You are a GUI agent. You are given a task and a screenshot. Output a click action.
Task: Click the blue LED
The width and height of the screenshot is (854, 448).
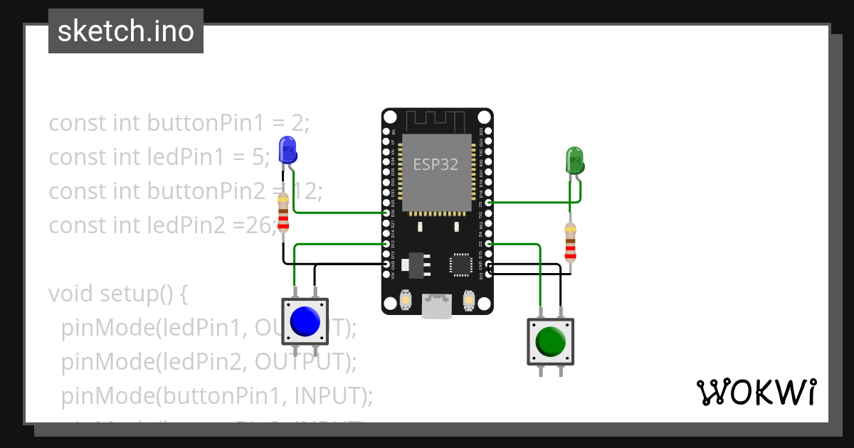pyautogui.click(x=288, y=150)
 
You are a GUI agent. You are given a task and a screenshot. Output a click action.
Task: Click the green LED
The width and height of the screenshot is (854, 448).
pyautogui.click(x=574, y=161)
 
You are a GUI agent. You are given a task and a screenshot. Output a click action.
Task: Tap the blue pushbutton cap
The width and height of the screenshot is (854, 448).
pyautogui.click(x=305, y=321)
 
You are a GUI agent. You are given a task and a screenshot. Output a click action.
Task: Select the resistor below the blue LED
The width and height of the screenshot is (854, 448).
pyautogui.click(x=283, y=213)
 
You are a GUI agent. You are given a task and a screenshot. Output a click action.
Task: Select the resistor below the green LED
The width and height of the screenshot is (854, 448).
pyautogui.click(x=570, y=242)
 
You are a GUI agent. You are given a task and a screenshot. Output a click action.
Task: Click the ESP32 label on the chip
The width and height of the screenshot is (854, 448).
pyautogui.click(x=436, y=164)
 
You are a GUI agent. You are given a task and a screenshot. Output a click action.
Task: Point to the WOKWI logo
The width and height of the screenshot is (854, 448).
pyautogui.click(x=756, y=392)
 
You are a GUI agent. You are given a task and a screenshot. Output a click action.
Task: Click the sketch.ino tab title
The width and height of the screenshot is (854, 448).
pyautogui.click(x=126, y=31)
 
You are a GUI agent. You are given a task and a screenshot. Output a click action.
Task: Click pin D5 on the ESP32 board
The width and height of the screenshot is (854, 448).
pyautogui.click(x=488, y=203)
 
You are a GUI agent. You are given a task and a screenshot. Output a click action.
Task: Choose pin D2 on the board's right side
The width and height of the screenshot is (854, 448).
pyautogui.click(x=488, y=244)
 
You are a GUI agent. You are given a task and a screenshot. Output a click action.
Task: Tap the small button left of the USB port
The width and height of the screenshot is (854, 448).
pyautogui.click(x=404, y=300)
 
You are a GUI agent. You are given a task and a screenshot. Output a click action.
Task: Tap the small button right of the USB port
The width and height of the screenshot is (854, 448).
pyautogui.click(x=468, y=300)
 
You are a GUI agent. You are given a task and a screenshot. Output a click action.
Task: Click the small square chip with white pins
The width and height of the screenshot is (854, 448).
pyautogui.click(x=460, y=264)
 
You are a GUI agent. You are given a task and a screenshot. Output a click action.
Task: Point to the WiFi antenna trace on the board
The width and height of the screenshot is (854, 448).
pyautogui.click(x=436, y=120)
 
